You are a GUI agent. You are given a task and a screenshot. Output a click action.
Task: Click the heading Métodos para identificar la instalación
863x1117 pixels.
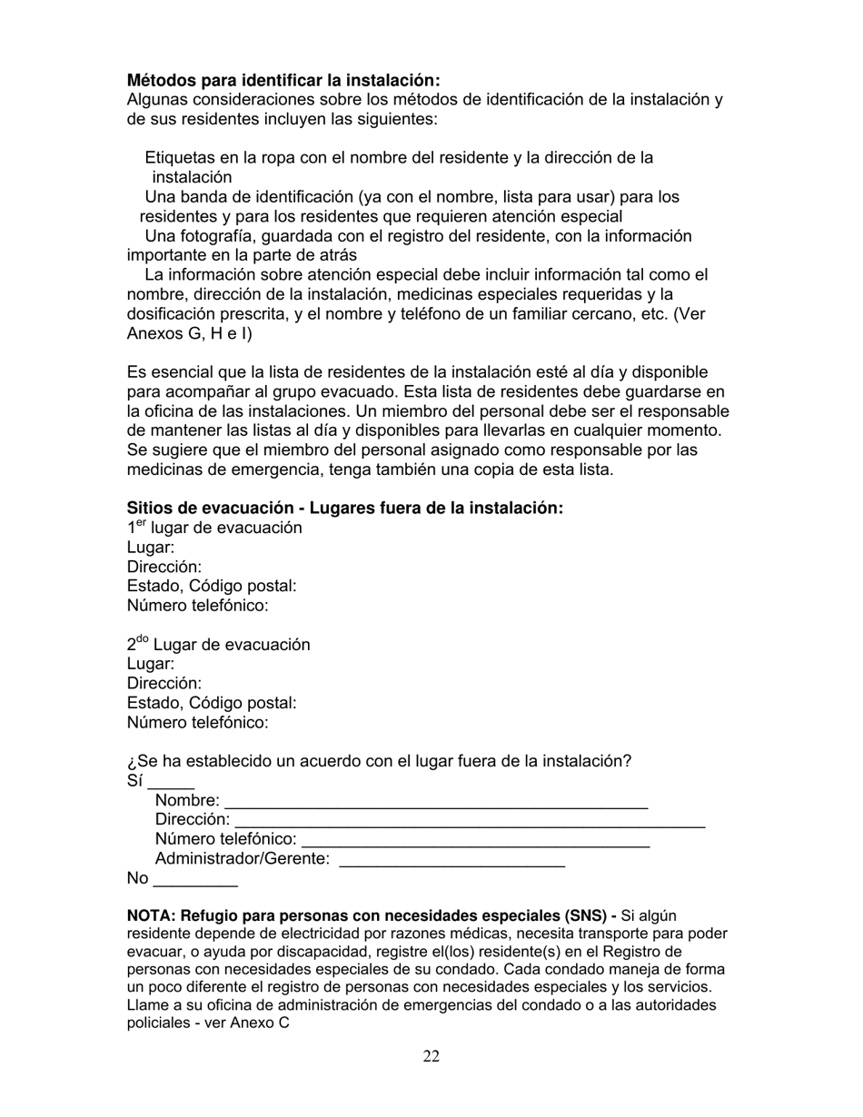[283, 81]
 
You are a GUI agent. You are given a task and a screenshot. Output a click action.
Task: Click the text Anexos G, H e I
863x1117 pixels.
[190, 333]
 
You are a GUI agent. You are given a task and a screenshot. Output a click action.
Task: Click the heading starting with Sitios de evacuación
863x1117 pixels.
[344, 508]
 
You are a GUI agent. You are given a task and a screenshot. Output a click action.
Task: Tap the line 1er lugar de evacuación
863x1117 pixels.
[214, 529]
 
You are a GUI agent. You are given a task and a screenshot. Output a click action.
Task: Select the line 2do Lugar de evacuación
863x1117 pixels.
[218, 645]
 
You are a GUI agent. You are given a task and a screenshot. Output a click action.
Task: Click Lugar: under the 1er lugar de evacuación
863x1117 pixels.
[151, 548]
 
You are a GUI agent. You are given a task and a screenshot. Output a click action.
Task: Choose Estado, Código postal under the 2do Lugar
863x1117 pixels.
[212, 703]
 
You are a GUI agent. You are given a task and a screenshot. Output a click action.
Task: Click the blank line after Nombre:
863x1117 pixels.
[436, 804]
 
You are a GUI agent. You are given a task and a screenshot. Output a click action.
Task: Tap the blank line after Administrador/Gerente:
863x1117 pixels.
[451, 862]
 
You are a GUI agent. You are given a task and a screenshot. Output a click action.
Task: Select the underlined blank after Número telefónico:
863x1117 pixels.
[475, 842]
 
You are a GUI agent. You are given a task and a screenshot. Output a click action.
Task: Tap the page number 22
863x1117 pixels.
[431, 1056]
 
